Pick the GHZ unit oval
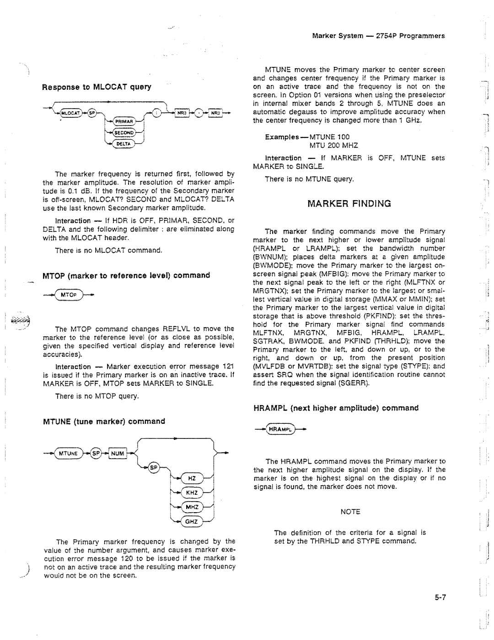click(192, 521)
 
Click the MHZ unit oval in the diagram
click(192, 507)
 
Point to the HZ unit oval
click(192, 478)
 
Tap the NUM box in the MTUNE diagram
click(118, 454)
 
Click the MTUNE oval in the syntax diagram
click(69, 454)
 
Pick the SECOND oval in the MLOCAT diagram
click(123, 133)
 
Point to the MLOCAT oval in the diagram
click(70, 113)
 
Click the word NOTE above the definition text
click(350, 512)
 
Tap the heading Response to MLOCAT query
click(97, 87)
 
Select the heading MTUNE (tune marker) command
click(104, 421)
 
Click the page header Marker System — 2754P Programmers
click(378, 36)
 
